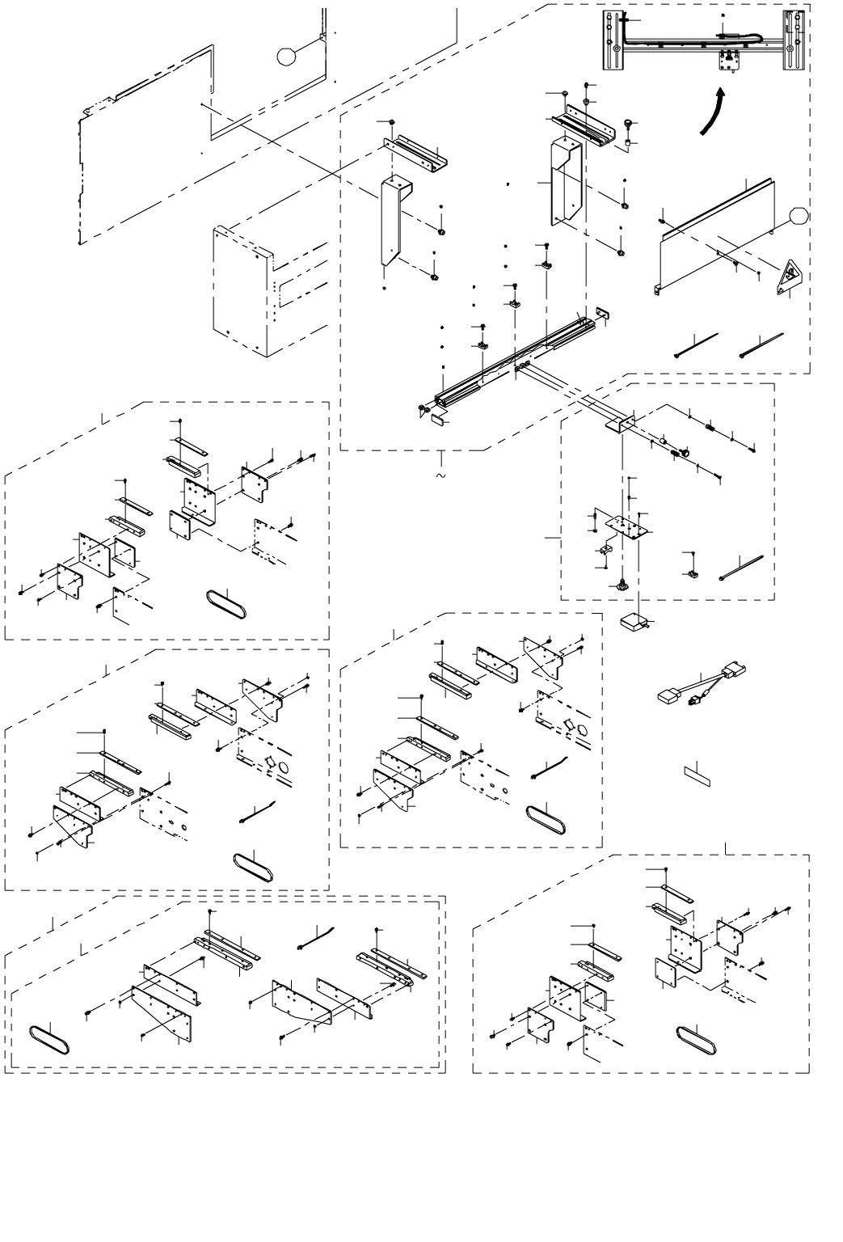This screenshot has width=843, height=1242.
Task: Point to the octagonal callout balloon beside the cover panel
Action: tap(798, 216)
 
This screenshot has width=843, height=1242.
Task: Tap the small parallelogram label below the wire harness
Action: tap(697, 771)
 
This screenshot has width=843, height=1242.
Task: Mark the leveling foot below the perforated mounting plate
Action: tap(622, 585)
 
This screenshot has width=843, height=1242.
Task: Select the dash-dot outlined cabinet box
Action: tap(242, 287)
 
